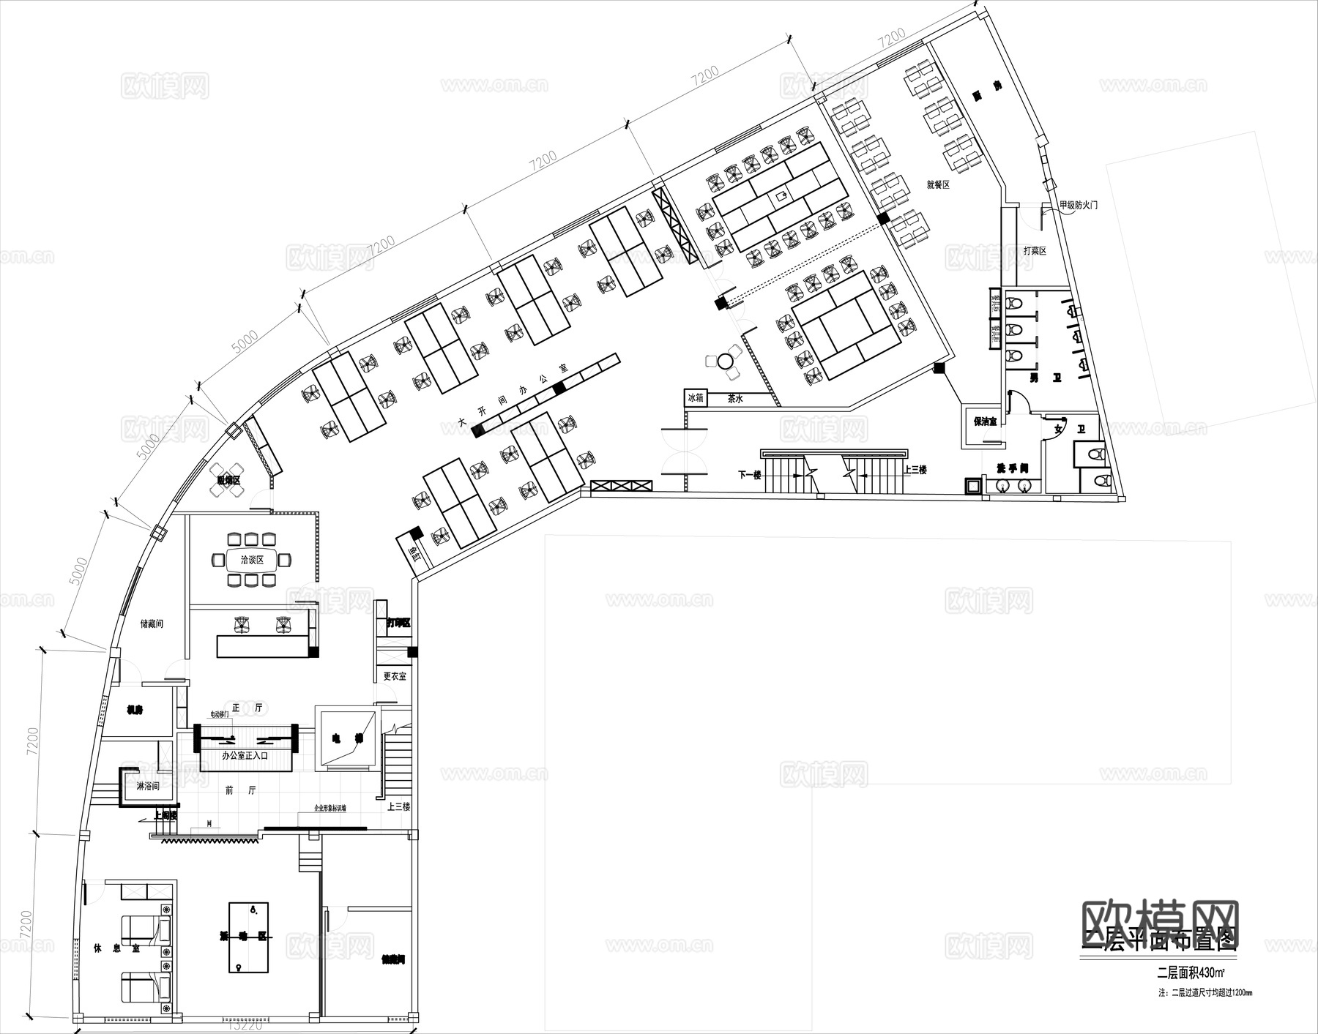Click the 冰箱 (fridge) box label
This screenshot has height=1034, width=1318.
(695, 398)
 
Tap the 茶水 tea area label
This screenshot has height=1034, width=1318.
(735, 400)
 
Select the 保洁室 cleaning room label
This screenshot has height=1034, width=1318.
(985, 422)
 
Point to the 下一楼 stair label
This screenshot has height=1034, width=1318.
(749, 474)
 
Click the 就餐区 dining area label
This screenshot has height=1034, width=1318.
(937, 185)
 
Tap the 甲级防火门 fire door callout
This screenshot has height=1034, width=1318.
(1079, 206)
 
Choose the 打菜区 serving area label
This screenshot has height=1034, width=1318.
(1035, 251)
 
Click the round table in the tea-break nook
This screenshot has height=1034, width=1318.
(726, 361)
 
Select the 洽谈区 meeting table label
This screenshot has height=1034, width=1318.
(251, 561)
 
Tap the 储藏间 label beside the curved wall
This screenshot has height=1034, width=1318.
(152, 623)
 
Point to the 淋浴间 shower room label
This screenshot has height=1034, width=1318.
(147, 786)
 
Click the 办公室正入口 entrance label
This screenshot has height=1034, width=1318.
(245, 755)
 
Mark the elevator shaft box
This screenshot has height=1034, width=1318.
(346, 738)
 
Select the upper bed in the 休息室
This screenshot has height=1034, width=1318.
(146, 930)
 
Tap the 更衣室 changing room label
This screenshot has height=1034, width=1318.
(394, 676)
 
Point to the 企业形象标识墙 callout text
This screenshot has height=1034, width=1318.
(330, 809)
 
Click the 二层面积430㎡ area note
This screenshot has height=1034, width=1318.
(1191, 973)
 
